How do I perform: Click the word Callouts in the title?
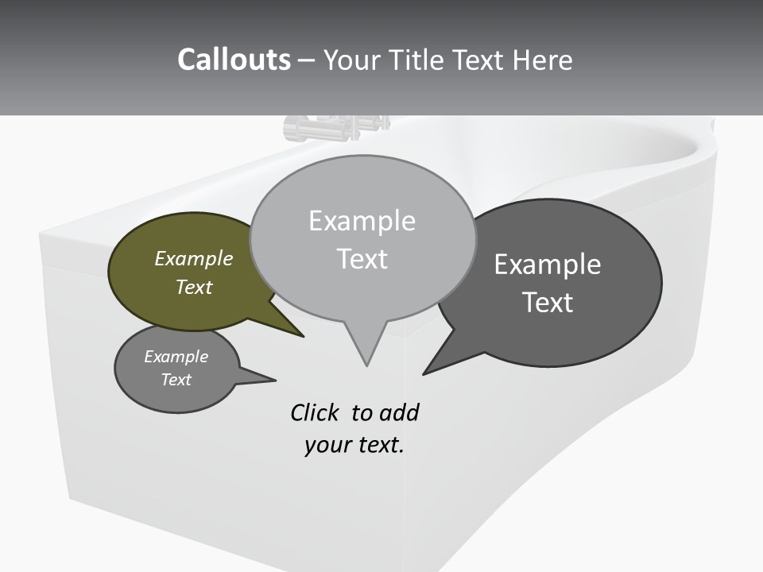tap(234, 60)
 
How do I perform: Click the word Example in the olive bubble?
tap(194, 259)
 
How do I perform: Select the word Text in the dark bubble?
tap(548, 303)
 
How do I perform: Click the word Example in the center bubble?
tap(362, 221)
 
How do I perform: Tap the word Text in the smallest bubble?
tap(176, 380)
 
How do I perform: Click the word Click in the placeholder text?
tap(315, 412)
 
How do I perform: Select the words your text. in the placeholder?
tap(354, 445)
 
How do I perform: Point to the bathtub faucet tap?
tap(334, 127)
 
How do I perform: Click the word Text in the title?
tap(476, 60)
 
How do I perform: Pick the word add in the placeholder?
tap(399, 412)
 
